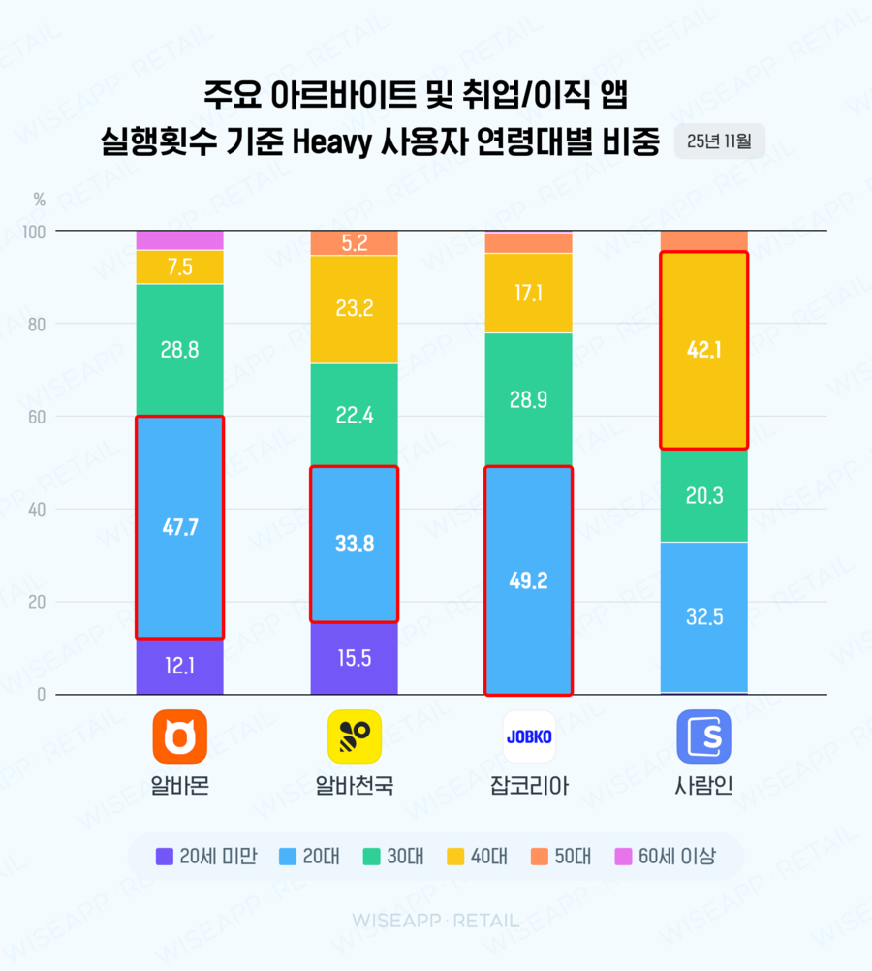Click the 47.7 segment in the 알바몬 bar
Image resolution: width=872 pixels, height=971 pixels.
[x=179, y=527]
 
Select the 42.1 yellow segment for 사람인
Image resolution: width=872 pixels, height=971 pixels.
[x=703, y=350]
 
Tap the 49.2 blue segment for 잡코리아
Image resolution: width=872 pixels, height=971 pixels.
[x=529, y=580]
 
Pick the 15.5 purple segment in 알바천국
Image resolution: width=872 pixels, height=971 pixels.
[x=354, y=658]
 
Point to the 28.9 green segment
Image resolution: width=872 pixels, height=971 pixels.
[x=529, y=399]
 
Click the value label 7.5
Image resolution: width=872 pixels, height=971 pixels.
[x=179, y=266]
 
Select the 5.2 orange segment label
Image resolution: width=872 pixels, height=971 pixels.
[x=354, y=243]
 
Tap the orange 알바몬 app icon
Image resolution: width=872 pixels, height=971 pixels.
[x=180, y=736]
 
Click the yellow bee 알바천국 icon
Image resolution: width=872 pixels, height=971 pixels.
[x=355, y=736]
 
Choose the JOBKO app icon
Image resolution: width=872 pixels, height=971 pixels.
[x=529, y=736]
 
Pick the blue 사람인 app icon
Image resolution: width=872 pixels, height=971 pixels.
[x=703, y=736]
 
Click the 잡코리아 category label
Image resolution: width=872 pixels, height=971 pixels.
[x=529, y=785]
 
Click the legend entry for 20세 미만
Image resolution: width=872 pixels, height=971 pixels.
[x=205, y=857]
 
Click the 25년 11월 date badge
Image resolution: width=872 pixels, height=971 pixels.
[x=719, y=141]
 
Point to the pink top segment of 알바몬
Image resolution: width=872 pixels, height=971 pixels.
[x=179, y=240]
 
